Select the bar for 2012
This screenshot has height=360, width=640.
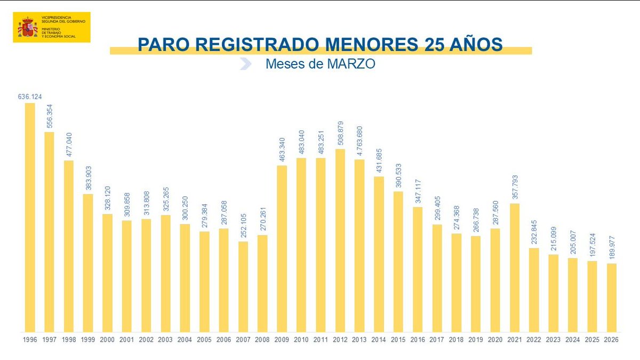[340, 240]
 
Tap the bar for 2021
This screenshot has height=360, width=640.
[515, 267]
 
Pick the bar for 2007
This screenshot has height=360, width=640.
[243, 286]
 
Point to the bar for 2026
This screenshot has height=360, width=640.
[612, 297]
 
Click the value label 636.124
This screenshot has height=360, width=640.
[30, 97]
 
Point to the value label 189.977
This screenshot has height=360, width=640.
[612, 247]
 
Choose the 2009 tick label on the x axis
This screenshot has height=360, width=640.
[282, 340]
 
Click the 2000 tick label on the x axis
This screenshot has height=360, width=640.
[107, 340]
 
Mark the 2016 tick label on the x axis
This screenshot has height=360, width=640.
[418, 340]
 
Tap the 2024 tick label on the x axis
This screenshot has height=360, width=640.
[573, 340]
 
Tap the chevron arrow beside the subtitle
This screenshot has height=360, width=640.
[245, 64]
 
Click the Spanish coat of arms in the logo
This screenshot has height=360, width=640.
[28, 27]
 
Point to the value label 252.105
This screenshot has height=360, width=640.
[243, 226]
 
